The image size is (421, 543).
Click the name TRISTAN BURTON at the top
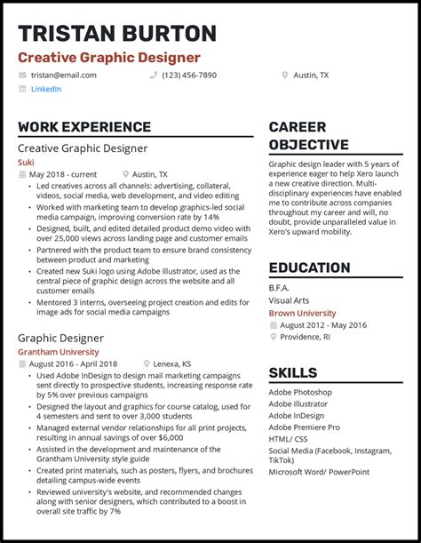[117, 34]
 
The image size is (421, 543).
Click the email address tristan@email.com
[64, 76]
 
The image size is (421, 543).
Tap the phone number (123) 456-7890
[189, 76]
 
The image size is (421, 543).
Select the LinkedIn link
[46, 89]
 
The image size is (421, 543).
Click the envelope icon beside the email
[22, 76]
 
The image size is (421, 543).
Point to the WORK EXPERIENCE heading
[84, 127]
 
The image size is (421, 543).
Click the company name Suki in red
[27, 163]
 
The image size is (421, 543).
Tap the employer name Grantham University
[59, 352]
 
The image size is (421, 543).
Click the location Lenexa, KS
[173, 364]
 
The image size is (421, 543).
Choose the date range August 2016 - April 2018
[73, 364]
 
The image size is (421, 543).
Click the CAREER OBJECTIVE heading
[308, 136]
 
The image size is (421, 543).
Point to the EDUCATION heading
[309, 268]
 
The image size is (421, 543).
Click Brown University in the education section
[302, 314]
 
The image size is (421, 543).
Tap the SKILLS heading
[293, 372]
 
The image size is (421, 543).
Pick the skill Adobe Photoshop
[300, 392]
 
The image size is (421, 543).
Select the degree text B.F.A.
[279, 288]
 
